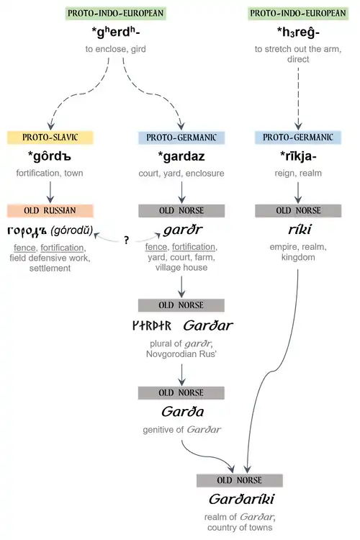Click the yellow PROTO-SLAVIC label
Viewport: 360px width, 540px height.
tap(50, 138)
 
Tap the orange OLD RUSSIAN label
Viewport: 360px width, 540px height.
tap(50, 210)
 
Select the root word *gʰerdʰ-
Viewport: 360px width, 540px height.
tap(116, 32)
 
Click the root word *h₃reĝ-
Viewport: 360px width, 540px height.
tap(298, 32)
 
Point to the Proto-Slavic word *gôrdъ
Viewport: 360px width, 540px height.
tap(50, 156)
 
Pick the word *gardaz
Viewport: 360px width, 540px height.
tap(181, 156)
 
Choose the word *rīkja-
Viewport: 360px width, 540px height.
tap(298, 156)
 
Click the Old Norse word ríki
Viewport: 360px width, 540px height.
tap(300, 229)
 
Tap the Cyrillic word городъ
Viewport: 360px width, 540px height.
tap(27, 230)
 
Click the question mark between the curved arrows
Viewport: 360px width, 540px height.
tap(127, 240)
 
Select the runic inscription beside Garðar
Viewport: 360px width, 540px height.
tap(152, 325)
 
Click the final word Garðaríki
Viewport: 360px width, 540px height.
tap(241, 499)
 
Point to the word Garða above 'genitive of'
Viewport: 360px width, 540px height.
tap(182, 411)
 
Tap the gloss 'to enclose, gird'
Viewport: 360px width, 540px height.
tap(116, 49)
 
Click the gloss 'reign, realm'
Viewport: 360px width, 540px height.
tap(298, 173)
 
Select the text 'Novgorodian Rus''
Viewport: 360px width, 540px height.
tap(181, 354)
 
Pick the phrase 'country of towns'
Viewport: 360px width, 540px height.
tap(240, 527)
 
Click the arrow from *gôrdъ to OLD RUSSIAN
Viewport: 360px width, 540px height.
tap(50, 192)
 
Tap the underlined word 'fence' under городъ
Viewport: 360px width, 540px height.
tap(24, 248)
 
